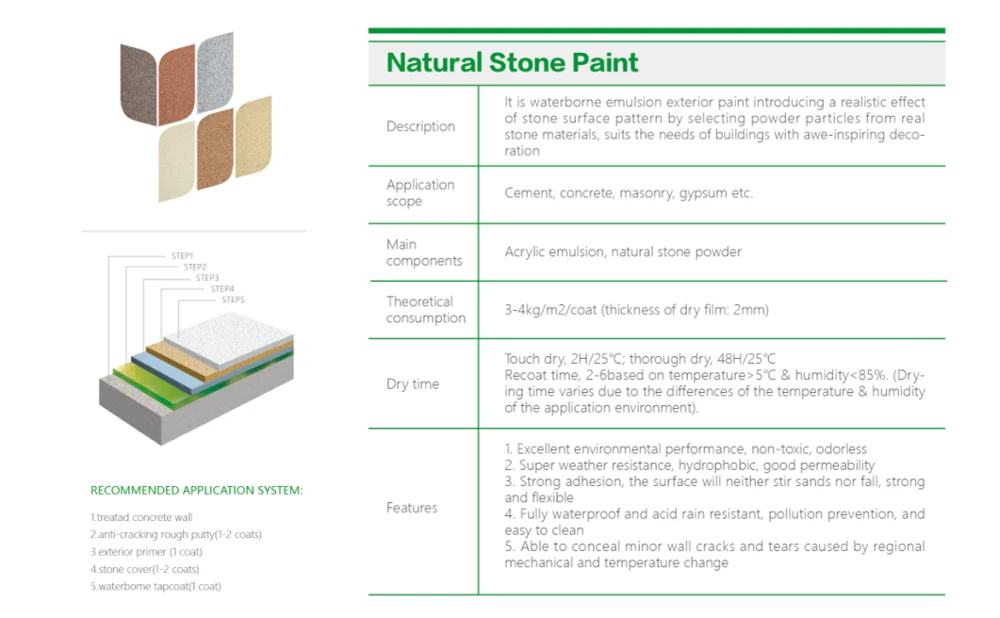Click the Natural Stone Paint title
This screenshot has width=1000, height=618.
pyautogui.click(x=512, y=63)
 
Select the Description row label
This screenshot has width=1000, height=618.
pyautogui.click(x=420, y=127)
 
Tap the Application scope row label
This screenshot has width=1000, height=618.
pyautogui.click(x=420, y=193)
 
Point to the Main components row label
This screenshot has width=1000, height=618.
pyautogui.click(x=424, y=252)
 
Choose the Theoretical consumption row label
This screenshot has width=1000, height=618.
pyautogui.click(x=426, y=309)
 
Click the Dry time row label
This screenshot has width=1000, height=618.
pyautogui.click(x=412, y=384)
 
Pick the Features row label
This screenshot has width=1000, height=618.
pyautogui.click(x=412, y=508)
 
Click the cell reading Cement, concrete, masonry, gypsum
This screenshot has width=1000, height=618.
pyautogui.click(x=628, y=193)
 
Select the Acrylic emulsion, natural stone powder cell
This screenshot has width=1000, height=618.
pyautogui.click(x=623, y=252)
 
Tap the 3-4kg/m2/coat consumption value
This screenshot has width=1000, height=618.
pyautogui.click(x=636, y=310)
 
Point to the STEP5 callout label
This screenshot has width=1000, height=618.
pyautogui.click(x=233, y=299)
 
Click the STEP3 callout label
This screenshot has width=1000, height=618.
pyautogui.click(x=207, y=277)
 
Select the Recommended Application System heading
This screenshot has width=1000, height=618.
pyautogui.click(x=196, y=490)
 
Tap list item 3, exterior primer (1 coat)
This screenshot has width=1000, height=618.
pyautogui.click(x=146, y=551)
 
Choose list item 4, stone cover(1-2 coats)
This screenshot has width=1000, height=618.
pyautogui.click(x=144, y=568)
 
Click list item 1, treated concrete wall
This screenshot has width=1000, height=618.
pyautogui.click(x=140, y=517)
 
